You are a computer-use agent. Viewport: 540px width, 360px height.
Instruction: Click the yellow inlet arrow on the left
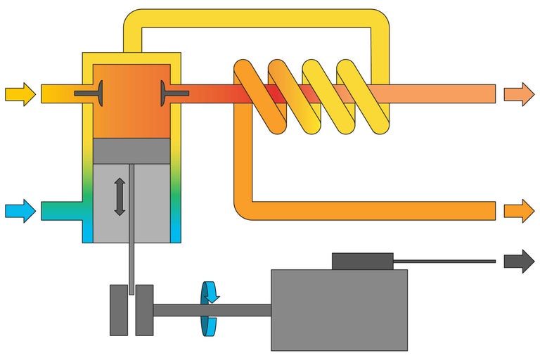(20, 94)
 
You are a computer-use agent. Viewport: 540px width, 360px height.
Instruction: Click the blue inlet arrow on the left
(20, 210)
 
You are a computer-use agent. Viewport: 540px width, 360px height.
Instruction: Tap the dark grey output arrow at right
(519, 261)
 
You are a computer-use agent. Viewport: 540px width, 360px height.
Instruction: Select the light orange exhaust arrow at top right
(519, 94)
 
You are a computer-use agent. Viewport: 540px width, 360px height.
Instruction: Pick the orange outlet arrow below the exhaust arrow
(519, 210)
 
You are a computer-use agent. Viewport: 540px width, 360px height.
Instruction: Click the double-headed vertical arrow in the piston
(120, 197)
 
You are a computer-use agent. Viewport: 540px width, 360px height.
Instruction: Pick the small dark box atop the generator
(362, 261)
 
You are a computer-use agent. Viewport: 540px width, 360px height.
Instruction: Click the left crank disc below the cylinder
(118, 309)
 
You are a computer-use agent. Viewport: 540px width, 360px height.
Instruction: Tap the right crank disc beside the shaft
(145, 309)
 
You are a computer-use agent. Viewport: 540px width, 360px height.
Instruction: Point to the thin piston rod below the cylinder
(131, 264)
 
